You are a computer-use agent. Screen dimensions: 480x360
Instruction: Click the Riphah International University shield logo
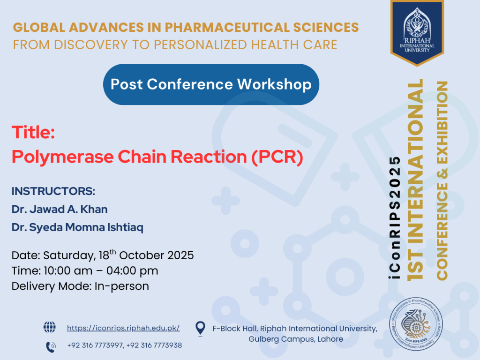(x=417, y=33)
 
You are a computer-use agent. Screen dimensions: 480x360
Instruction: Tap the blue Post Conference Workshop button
(x=211, y=84)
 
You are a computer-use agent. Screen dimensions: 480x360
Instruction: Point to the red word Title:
(x=33, y=133)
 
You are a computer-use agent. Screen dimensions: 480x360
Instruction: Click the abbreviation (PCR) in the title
(x=277, y=157)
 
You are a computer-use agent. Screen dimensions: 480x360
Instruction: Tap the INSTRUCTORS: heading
(x=53, y=191)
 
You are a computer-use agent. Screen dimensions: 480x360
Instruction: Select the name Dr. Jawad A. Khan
(x=60, y=210)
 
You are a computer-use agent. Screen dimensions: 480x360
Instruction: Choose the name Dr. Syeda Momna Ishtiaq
(x=77, y=227)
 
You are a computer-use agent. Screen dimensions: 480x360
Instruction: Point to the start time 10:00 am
(x=68, y=271)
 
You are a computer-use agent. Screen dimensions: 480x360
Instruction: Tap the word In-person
(x=122, y=286)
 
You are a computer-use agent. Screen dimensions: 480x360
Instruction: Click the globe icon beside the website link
(x=50, y=327)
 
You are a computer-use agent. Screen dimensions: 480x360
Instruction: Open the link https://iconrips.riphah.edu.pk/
(x=123, y=328)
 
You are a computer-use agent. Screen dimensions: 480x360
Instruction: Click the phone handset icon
(x=51, y=347)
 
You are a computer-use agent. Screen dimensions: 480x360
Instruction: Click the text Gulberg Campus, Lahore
(x=296, y=339)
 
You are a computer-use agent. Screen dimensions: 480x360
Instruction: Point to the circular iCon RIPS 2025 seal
(x=416, y=324)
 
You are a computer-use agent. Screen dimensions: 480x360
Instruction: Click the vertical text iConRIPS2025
(x=395, y=217)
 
